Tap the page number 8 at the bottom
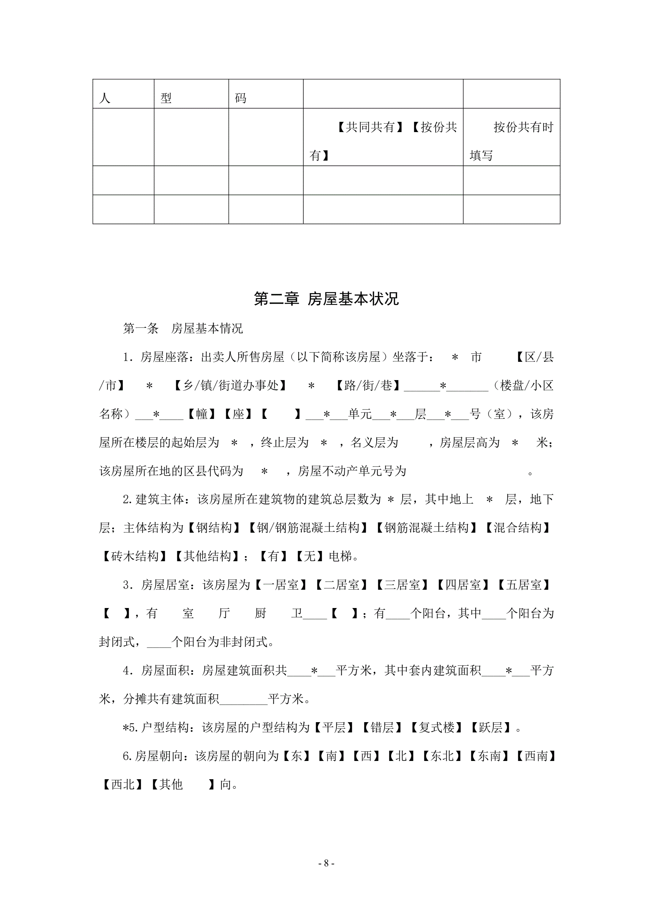(x=326, y=863)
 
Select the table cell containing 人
(x=123, y=94)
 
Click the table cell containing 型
(x=191, y=94)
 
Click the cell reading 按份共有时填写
(x=511, y=137)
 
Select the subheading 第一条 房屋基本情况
(x=183, y=329)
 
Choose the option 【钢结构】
(x=214, y=528)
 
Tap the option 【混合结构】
(x=518, y=528)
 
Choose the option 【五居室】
(x=523, y=585)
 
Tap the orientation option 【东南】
(x=489, y=756)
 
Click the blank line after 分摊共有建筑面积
(x=243, y=699)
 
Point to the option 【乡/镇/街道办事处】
(x=230, y=386)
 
